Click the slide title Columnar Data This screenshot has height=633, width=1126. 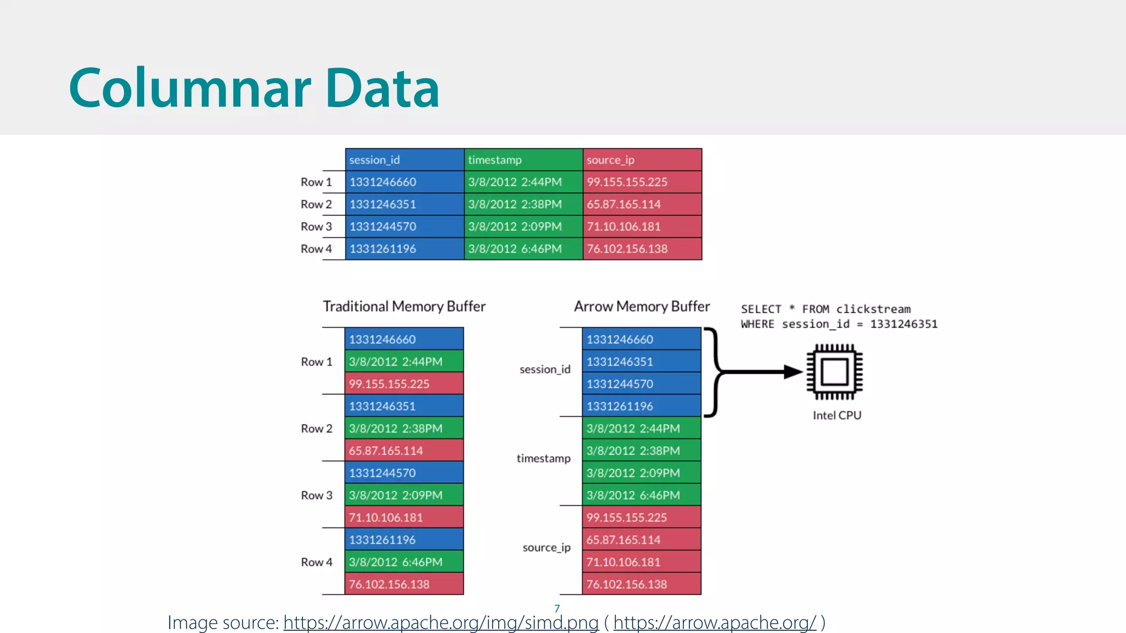[254, 88]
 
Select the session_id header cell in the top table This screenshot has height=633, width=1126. [405, 160]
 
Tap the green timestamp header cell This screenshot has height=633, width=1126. [523, 160]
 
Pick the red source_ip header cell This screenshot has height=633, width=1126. [642, 160]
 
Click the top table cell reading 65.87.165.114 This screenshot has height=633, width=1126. [642, 204]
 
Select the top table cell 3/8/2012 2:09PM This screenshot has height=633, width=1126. [523, 226]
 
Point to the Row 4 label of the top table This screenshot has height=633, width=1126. [316, 249]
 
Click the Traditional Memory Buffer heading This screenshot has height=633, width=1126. [404, 306]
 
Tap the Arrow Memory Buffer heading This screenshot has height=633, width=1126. [642, 306]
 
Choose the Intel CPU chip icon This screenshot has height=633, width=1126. [834, 372]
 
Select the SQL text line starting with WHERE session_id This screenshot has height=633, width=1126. [838, 324]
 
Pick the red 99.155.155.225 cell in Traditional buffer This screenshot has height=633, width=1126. [404, 384]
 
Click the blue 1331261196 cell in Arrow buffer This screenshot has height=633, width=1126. [642, 406]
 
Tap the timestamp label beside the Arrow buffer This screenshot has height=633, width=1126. [543, 458]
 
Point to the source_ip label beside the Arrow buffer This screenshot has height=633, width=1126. [547, 547]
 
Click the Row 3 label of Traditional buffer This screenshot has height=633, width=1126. [316, 495]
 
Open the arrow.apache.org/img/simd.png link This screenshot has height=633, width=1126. [441, 623]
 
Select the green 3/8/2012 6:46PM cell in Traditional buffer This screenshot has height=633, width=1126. [404, 562]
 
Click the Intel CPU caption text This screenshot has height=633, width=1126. [837, 415]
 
